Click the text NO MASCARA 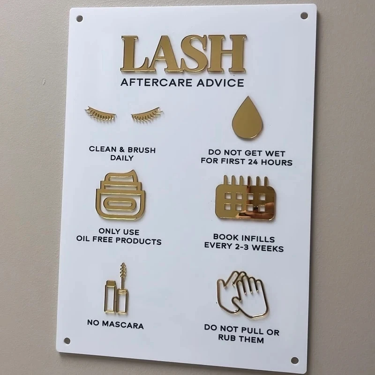click(115, 324)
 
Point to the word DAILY click(122, 158)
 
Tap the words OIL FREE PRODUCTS click(119, 242)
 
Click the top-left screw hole click(79, 19)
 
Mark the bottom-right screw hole click(294, 360)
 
